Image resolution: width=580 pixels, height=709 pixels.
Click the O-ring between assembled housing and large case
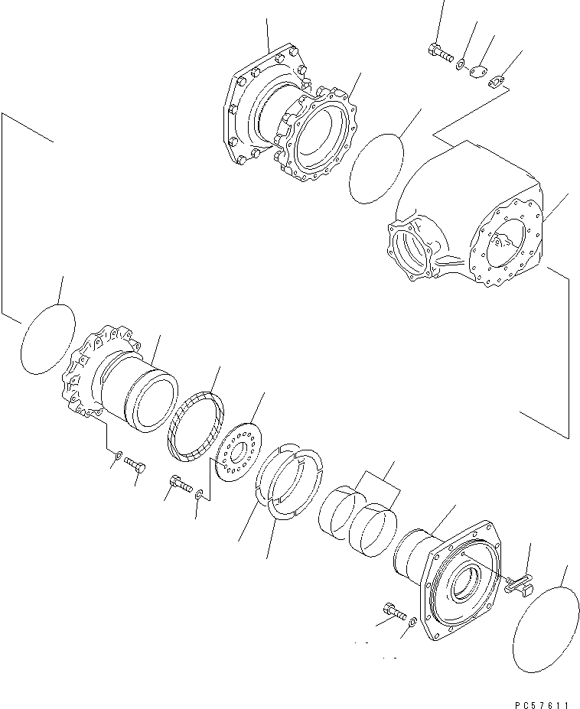click(x=376, y=169)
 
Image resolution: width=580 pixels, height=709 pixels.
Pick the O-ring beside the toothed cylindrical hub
click(x=47, y=338)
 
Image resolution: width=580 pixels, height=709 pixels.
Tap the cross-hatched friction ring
click(x=195, y=426)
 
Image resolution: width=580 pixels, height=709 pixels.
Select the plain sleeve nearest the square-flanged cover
click(x=373, y=527)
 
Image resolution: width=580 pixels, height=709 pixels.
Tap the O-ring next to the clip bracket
click(x=544, y=628)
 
